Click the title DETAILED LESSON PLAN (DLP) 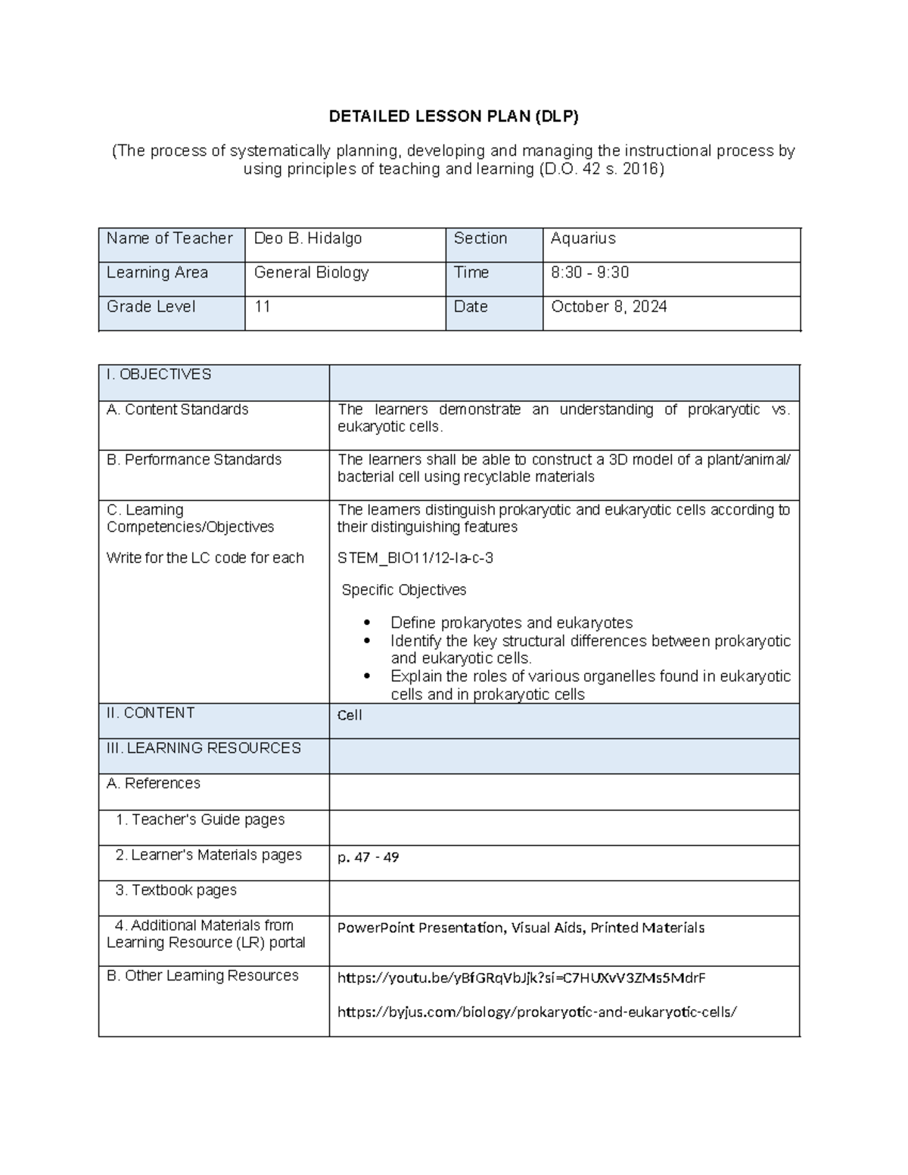point(453,117)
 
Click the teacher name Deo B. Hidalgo point(308,238)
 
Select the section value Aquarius point(583,238)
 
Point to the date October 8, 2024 point(608,306)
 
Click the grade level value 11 point(263,306)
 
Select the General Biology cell point(311,272)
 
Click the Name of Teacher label point(169,238)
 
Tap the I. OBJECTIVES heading point(159,375)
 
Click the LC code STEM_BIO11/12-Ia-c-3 point(415,558)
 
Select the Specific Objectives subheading point(403,590)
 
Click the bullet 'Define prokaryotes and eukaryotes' point(512,623)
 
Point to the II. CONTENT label point(151,713)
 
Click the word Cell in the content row point(350,715)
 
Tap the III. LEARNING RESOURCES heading point(204,748)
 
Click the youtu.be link point(521,978)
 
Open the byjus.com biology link point(536,1012)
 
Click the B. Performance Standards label point(194,460)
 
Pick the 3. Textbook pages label point(176,891)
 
